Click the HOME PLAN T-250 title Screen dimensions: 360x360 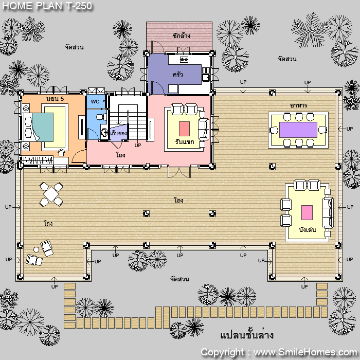pos(47,6)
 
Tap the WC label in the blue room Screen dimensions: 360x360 pos(95,101)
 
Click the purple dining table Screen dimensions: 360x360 pos(298,130)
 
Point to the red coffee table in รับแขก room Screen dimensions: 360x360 pos(184,129)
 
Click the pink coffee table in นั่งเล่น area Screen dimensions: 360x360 pos(307,212)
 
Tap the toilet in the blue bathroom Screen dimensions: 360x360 pos(100,117)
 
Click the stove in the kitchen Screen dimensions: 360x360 pos(184,60)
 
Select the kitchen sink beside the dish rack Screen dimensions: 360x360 pos(206,78)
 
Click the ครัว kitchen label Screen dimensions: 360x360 pos(178,75)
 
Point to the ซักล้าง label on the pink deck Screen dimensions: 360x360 pos(182,35)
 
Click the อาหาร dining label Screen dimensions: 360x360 pos(298,105)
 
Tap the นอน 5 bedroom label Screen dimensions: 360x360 pos(55,99)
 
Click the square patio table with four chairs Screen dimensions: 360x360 pos(51,194)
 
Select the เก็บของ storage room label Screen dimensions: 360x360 pos(118,133)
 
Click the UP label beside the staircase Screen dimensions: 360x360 pos(138,146)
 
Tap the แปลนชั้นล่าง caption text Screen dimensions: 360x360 pos(247,335)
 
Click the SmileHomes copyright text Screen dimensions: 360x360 pos(279,352)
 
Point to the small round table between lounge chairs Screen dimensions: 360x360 pos(36,249)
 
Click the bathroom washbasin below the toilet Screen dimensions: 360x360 pos(104,132)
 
